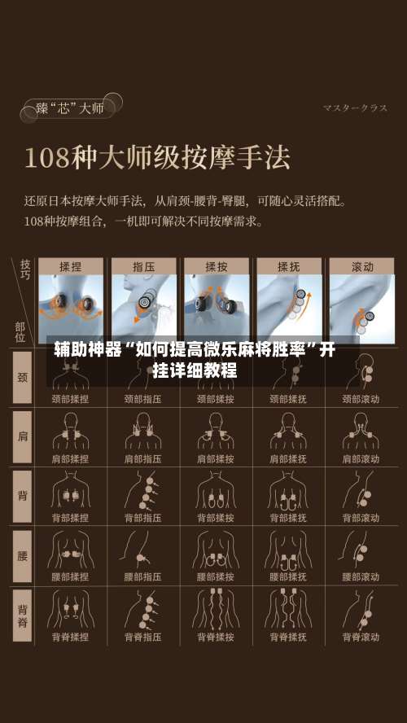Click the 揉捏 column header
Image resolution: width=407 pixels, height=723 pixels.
point(71,266)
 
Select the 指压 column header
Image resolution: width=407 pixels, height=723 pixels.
point(144,266)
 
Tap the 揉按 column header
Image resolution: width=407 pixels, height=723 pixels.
point(216,266)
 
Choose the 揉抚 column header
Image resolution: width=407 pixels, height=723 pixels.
point(289,266)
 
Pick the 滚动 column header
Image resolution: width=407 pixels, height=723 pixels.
point(361,266)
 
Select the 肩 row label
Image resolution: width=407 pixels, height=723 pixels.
point(22,436)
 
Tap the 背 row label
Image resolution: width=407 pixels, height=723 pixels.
point(22,495)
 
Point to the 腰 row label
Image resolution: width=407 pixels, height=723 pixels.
point(22,555)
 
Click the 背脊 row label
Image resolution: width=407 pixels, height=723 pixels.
point(22,615)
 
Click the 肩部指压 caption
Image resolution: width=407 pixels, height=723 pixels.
point(142,459)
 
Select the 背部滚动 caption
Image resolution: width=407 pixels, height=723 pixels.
point(361,518)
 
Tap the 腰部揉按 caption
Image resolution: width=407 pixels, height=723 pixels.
point(216,577)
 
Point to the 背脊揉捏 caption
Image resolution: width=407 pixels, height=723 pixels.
point(70,637)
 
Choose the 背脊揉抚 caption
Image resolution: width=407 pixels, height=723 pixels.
point(288,637)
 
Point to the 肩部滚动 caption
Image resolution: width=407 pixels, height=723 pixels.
point(361,459)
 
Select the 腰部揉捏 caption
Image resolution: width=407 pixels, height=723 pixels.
point(70,577)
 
